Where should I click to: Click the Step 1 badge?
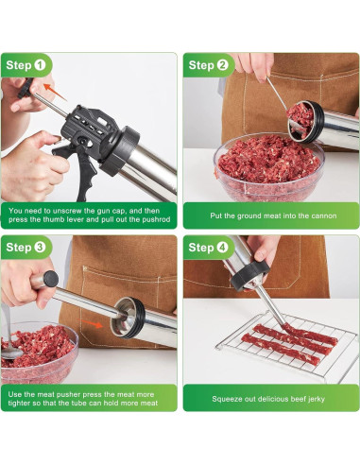26,65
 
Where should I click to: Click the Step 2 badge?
208,65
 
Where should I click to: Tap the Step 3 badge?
26,248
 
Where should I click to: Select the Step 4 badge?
208,248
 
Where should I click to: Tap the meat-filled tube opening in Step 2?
300,117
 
